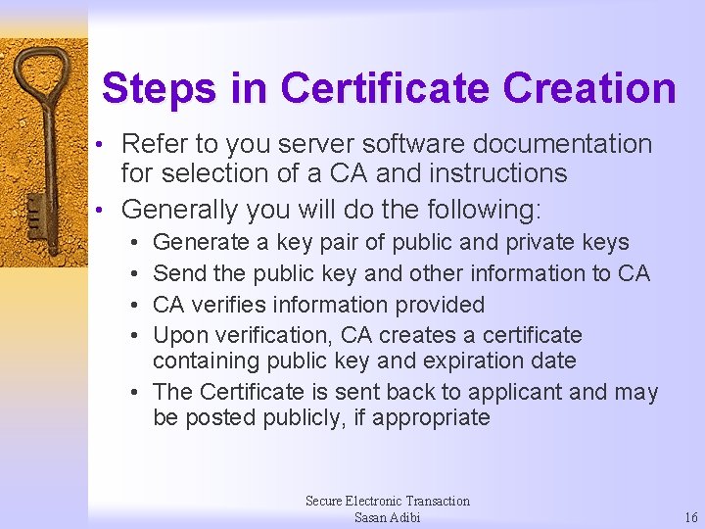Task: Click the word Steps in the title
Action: click(x=159, y=88)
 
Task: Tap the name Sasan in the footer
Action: click(x=372, y=517)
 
